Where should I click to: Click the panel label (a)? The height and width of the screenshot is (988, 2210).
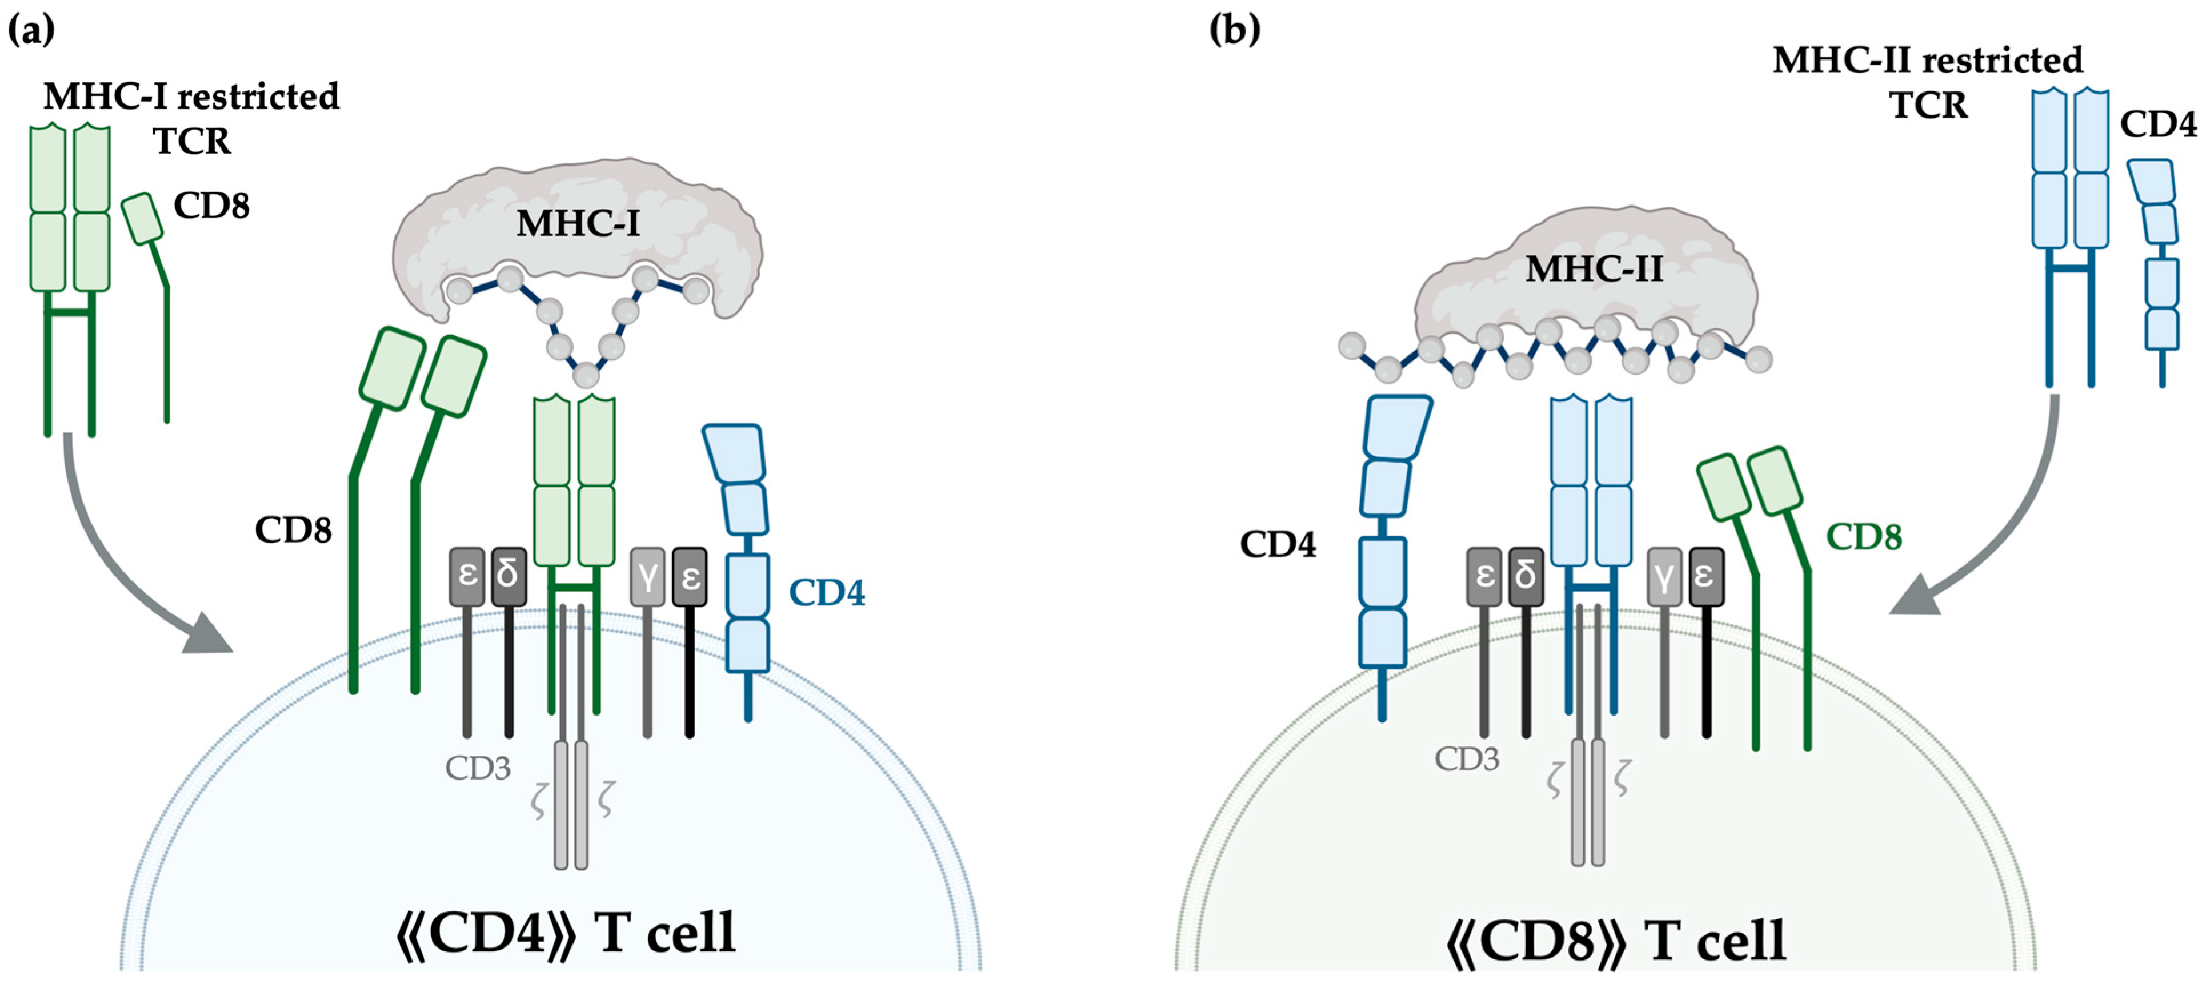(x=31, y=30)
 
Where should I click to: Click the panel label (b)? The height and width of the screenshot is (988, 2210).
(x=1235, y=30)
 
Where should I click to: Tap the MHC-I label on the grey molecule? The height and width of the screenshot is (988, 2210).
(x=578, y=224)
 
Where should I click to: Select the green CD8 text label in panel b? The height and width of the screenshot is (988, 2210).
(x=1863, y=537)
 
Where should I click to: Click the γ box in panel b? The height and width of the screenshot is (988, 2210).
(x=1664, y=576)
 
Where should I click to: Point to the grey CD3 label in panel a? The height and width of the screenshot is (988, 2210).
(x=477, y=768)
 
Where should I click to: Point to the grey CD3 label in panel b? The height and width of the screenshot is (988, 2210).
(x=1467, y=758)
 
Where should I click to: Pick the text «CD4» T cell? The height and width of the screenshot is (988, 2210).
(x=566, y=933)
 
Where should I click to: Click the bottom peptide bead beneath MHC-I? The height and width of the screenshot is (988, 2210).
(x=586, y=374)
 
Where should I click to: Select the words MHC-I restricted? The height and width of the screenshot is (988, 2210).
(x=191, y=96)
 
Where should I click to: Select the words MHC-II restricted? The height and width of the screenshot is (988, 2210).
(x=1927, y=60)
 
